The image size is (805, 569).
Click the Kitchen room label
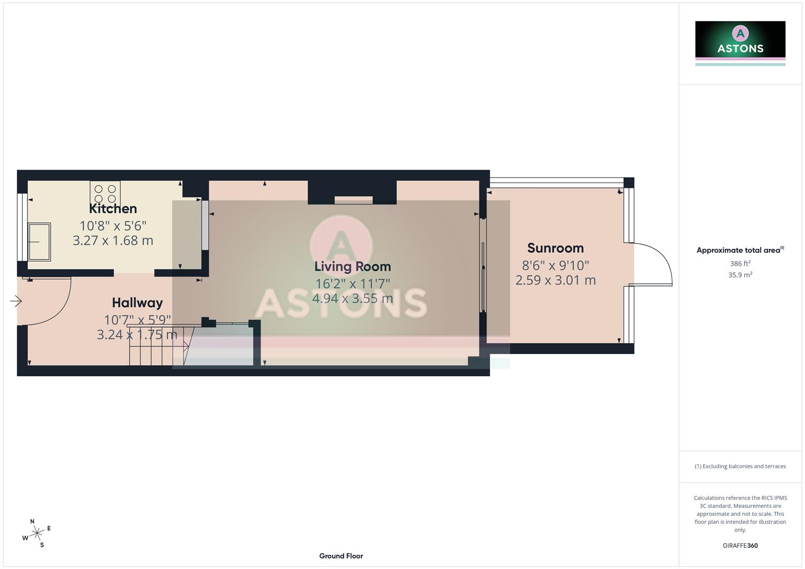click(x=113, y=209)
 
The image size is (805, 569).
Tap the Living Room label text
click(x=352, y=267)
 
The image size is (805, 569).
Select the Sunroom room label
click(x=555, y=248)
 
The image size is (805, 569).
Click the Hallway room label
click(x=137, y=303)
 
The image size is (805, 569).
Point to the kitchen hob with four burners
click(x=105, y=192)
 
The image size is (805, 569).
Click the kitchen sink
click(x=40, y=241)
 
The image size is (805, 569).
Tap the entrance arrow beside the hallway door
click(x=16, y=301)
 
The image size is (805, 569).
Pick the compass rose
click(x=36, y=533)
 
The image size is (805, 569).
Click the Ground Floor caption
click(x=341, y=556)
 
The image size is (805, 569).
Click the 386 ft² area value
click(x=740, y=263)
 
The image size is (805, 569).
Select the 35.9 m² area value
click(x=740, y=275)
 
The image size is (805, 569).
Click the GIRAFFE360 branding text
click(x=740, y=546)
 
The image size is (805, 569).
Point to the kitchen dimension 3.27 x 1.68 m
click(x=113, y=241)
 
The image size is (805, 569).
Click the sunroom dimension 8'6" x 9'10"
click(x=555, y=266)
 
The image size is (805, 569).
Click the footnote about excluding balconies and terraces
click(x=740, y=466)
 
